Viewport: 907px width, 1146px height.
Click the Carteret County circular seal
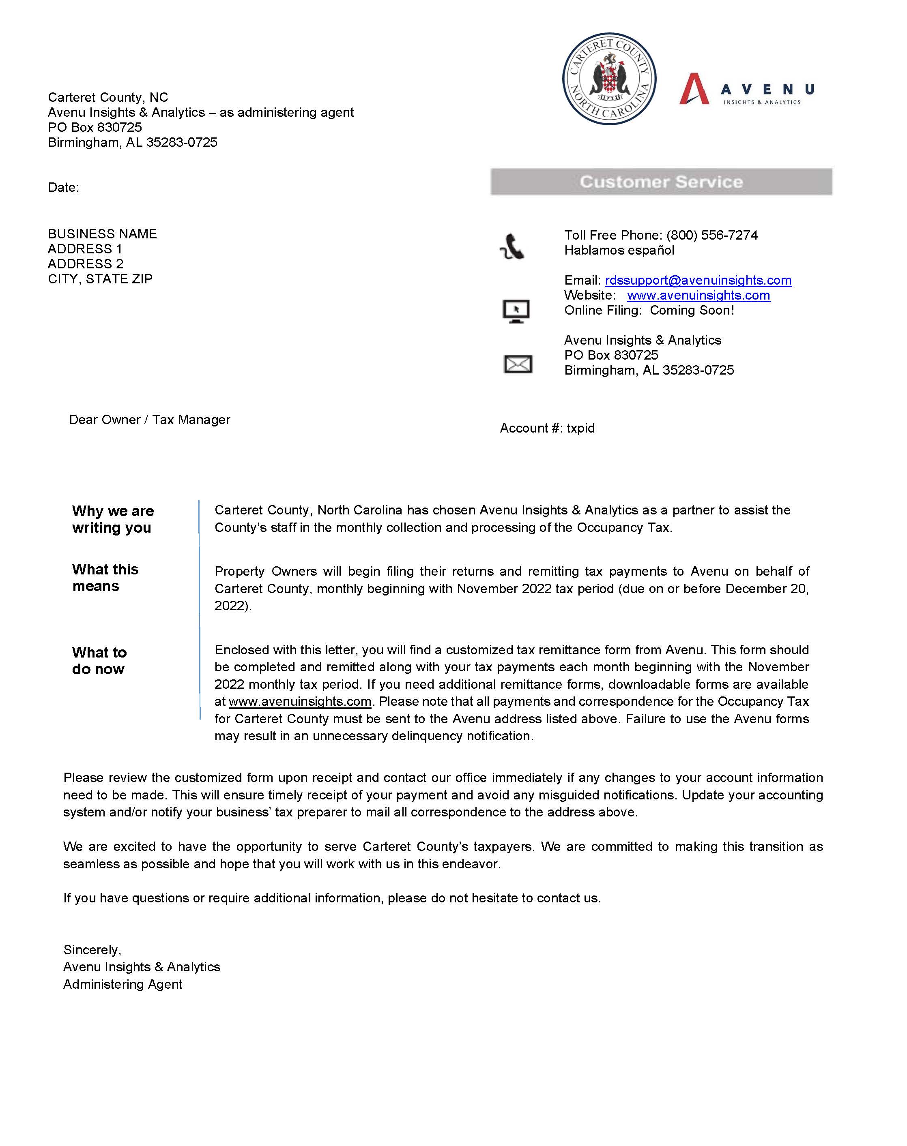(609, 79)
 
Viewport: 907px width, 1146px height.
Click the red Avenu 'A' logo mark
(694, 89)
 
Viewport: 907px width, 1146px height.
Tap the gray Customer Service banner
(661, 182)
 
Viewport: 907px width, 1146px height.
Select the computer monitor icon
(516, 311)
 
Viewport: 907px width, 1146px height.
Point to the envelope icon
(517, 364)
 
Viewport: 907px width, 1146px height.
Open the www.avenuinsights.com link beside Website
(699, 295)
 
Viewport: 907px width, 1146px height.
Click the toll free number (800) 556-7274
(712, 235)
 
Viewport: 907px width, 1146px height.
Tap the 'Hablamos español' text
(619, 251)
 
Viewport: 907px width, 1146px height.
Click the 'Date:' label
(63, 187)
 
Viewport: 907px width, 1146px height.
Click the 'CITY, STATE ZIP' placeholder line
(100, 279)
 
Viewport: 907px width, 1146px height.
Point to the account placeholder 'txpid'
(580, 428)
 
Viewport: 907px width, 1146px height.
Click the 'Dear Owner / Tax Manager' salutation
(150, 420)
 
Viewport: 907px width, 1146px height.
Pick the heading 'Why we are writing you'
(113, 519)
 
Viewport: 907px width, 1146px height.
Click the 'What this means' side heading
(105, 577)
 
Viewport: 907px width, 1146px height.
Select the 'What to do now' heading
(99, 660)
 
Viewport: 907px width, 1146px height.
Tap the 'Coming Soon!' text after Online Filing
(692, 311)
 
